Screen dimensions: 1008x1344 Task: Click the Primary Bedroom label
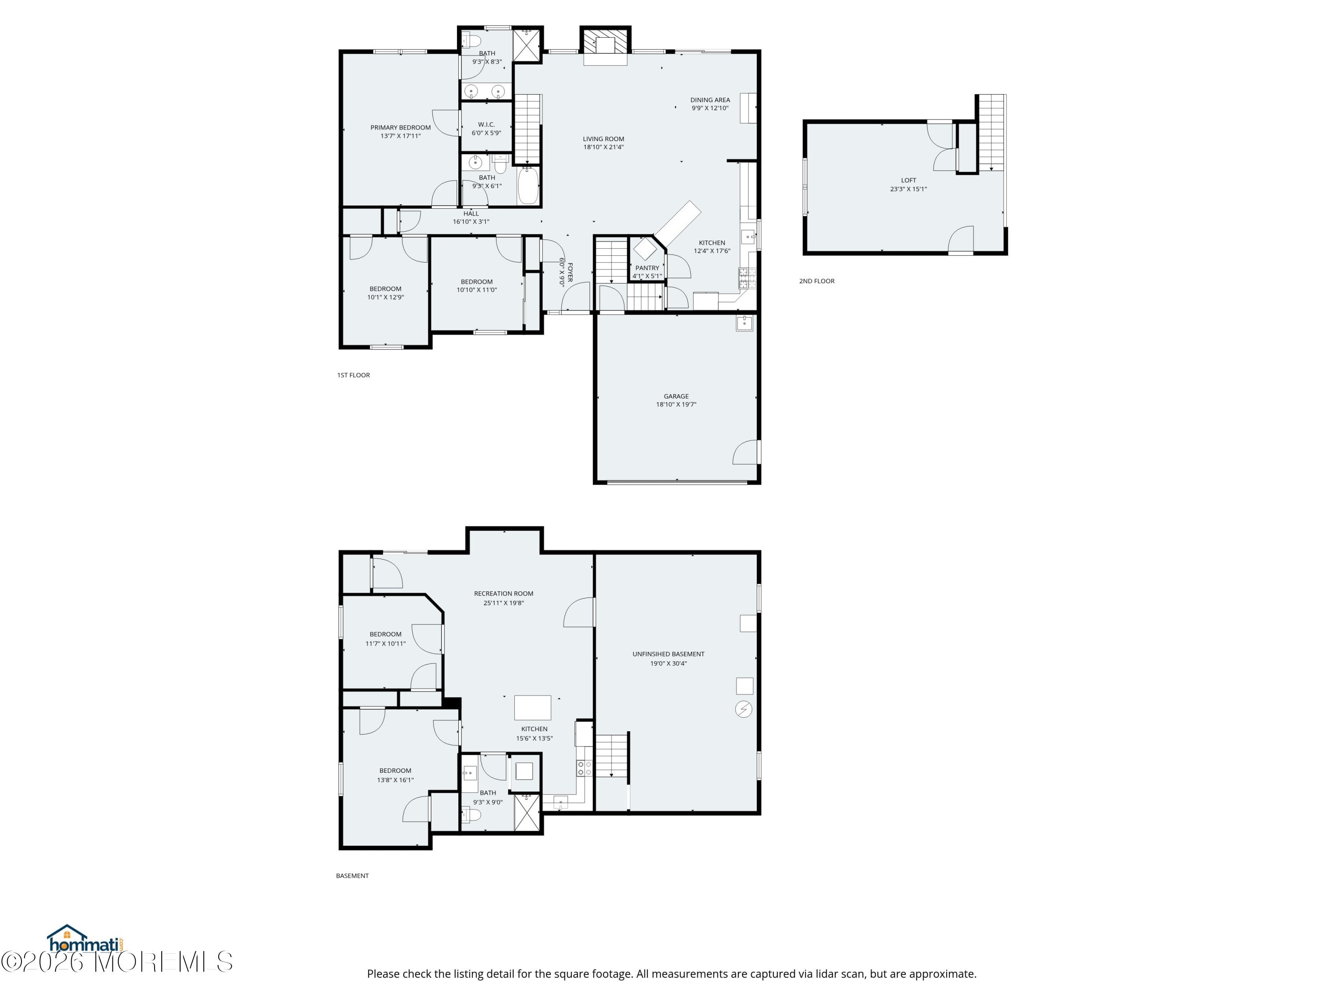(401, 128)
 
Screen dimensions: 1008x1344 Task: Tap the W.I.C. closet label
(486, 125)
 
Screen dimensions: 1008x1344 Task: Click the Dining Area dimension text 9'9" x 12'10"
(710, 108)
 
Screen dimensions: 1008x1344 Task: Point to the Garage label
(676, 396)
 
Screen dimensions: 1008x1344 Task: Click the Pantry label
(647, 268)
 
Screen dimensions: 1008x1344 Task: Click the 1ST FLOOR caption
(353, 375)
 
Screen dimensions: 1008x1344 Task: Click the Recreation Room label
(504, 594)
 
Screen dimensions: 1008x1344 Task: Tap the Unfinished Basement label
(668, 655)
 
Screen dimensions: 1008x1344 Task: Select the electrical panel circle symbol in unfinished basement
(744, 709)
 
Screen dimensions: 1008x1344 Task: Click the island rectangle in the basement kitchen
(533, 708)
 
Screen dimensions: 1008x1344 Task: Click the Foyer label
(570, 272)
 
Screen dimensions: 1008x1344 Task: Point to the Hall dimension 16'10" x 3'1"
(471, 222)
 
